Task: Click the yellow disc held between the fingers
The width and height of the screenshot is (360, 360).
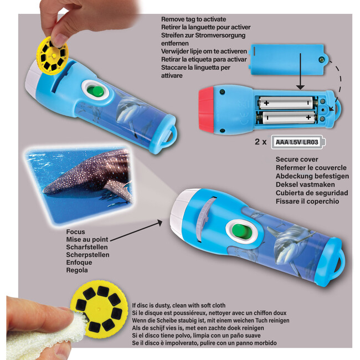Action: click(x=52, y=53)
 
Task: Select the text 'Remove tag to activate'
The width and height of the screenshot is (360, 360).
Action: click(x=193, y=19)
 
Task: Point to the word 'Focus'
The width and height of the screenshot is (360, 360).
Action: click(x=76, y=232)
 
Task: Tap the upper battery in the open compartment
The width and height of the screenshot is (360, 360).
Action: click(x=284, y=103)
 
